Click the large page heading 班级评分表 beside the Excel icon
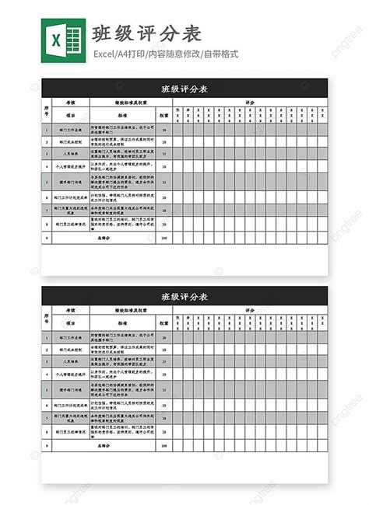[x=147, y=33]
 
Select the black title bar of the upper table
[x=184, y=89]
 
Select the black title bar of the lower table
[x=184, y=297]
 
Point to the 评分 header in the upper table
[x=250, y=102]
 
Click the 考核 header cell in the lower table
[x=70, y=310]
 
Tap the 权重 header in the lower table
[x=164, y=323]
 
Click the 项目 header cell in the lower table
[x=70, y=323]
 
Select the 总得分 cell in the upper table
[x=124, y=238]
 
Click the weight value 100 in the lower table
[x=164, y=446]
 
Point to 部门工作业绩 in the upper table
[x=70, y=130]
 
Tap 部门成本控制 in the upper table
[x=70, y=142]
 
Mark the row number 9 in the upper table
[x=47, y=238]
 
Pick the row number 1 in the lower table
[x=47, y=338]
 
